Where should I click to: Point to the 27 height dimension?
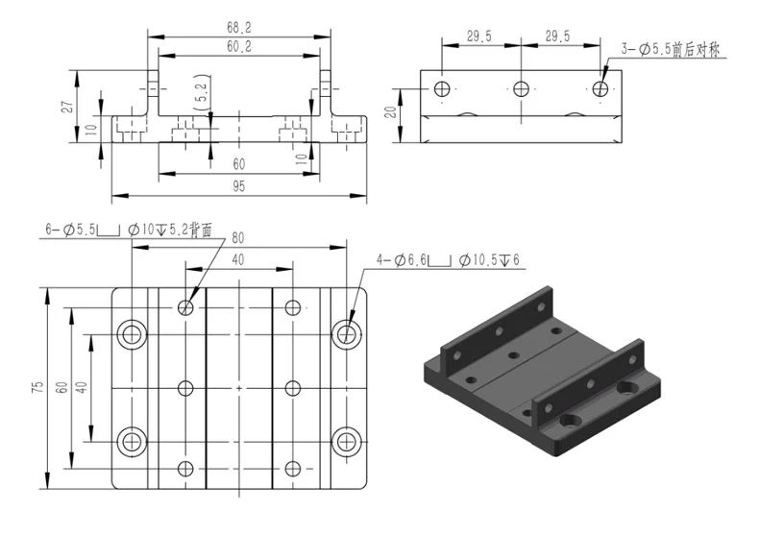click(67, 107)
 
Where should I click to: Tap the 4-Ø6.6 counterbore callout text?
click(448, 260)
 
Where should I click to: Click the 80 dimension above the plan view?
click(237, 237)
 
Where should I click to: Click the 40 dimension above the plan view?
click(237, 259)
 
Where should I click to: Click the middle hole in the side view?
click(521, 89)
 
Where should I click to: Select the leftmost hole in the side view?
click(442, 89)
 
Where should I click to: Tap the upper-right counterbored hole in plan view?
click(347, 334)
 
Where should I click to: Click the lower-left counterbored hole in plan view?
click(131, 441)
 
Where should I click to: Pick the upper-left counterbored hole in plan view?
click(131, 334)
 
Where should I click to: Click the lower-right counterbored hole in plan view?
click(347, 441)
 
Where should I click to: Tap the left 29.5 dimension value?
click(479, 36)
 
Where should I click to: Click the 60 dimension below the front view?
click(238, 164)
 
